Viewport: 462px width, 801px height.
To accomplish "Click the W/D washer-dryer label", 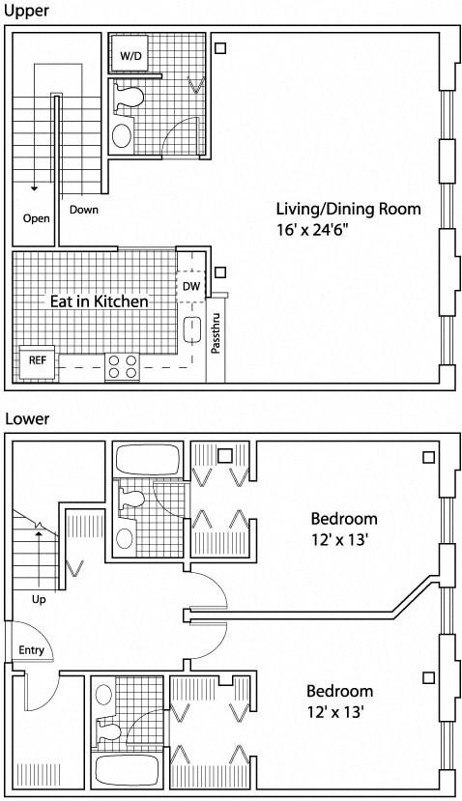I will click(x=130, y=56).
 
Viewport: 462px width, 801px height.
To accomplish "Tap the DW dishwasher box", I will click(x=190, y=287).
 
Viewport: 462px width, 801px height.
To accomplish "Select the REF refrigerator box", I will click(x=37, y=360).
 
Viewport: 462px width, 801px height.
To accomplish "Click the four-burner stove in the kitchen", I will click(x=123, y=367).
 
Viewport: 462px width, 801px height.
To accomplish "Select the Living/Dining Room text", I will click(x=348, y=209).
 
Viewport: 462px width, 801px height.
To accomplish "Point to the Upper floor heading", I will click(x=23, y=11).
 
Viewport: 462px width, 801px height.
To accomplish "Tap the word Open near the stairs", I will click(x=36, y=218).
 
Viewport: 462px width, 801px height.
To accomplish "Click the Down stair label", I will click(x=83, y=210).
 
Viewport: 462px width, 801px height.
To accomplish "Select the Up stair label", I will click(x=39, y=600).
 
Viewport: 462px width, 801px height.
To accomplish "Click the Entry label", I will click(x=31, y=650).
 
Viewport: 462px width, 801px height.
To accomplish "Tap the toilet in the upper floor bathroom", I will click(x=127, y=97).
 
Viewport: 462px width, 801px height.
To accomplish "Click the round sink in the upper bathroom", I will click(x=123, y=134).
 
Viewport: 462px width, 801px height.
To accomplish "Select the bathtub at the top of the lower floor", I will click(x=146, y=458).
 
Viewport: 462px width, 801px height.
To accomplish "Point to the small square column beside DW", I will click(x=219, y=273).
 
